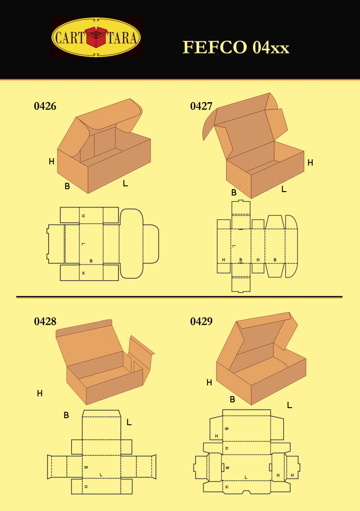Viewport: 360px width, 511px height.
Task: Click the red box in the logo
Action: click(96, 37)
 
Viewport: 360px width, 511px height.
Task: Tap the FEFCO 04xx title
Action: click(236, 47)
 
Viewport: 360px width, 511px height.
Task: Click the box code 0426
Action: click(45, 106)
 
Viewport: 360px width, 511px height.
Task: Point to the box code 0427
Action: click(201, 106)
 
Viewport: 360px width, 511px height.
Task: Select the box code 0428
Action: click(45, 322)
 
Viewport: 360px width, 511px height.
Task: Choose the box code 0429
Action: click(201, 322)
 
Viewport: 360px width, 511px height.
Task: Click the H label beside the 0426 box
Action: click(51, 161)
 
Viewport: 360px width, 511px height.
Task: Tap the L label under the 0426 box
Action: click(125, 184)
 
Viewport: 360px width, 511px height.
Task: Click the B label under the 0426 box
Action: click(67, 186)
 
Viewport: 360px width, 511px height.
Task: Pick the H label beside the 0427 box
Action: click(310, 162)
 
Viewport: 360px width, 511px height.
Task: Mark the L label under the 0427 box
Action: click(284, 189)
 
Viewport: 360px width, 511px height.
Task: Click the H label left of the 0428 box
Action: click(40, 393)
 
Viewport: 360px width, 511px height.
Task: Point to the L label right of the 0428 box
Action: click(129, 422)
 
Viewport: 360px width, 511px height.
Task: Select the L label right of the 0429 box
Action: click(290, 405)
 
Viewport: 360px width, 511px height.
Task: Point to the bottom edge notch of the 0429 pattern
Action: click(246, 492)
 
